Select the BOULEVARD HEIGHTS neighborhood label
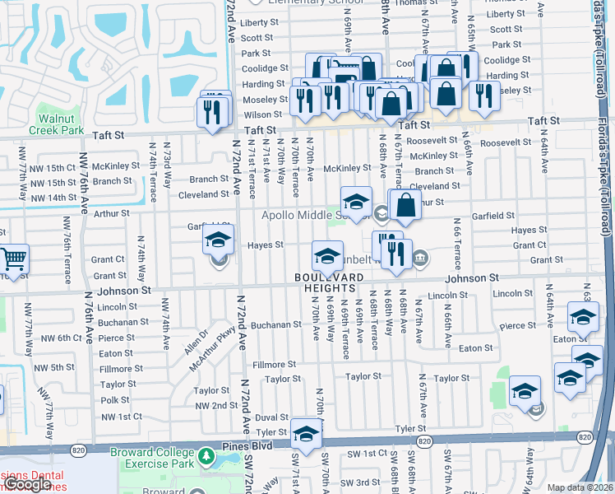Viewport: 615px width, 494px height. [326, 282]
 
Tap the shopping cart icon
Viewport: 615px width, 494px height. [14, 259]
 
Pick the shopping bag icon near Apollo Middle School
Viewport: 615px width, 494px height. [406, 203]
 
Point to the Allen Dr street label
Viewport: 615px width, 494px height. [195, 341]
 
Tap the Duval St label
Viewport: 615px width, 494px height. [271, 417]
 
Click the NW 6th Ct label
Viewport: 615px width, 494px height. [54, 338]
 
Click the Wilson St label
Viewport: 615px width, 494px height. [262, 114]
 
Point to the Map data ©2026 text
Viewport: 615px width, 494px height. [580, 487]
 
